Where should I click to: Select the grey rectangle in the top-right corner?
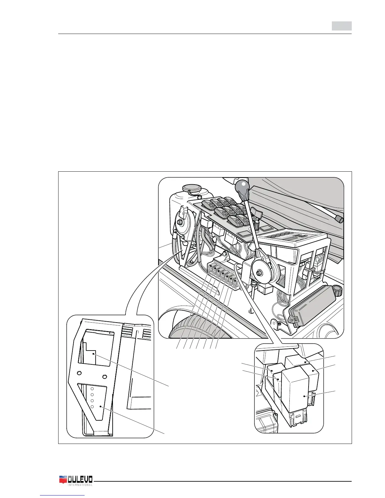tap(342, 26)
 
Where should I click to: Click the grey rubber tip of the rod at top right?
tap(339, 219)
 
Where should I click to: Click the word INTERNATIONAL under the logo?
tap(80, 494)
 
